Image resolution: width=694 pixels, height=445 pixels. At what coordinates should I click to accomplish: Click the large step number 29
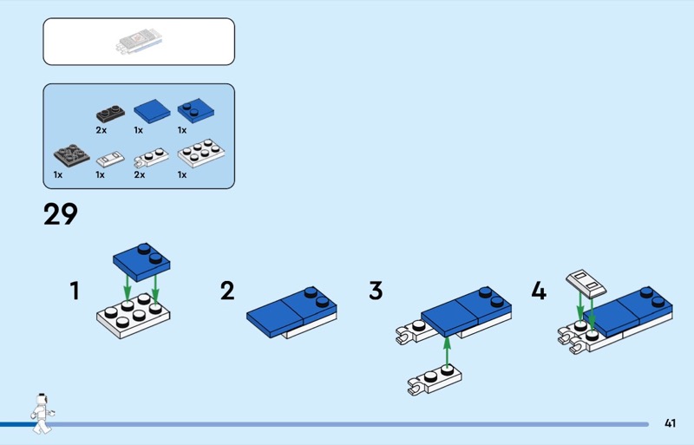click(61, 214)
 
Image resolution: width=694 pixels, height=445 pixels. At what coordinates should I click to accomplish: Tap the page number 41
click(670, 423)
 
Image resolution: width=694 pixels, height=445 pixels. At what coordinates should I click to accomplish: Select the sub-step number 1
click(75, 291)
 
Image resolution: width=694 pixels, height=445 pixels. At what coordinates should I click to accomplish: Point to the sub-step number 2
click(227, 291)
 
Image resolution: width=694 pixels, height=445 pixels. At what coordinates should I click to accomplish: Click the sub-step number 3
click(376, 291)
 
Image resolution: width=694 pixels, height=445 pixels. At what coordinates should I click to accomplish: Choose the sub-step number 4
click(539, 291)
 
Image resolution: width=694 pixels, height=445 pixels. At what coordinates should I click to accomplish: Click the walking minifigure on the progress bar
click(43, 414)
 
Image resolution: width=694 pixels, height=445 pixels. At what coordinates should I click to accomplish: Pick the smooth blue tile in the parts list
click(152, 111)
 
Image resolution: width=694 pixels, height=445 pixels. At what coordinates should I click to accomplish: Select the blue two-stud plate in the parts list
click(196, 110)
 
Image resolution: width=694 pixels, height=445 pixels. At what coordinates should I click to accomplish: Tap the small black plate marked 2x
click(110, 114)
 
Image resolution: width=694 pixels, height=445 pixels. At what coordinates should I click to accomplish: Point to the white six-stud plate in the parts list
click(201, 154)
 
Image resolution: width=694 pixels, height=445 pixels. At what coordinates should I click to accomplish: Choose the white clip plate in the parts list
click(151, 158)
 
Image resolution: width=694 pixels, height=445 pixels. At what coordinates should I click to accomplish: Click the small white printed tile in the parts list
click(111, 159)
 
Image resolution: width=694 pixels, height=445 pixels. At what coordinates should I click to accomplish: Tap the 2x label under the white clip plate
click(140, 175)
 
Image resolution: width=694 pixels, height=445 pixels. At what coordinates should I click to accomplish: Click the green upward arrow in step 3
click(447, 353)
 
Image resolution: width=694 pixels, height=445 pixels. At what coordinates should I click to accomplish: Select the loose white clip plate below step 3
click(435, 381)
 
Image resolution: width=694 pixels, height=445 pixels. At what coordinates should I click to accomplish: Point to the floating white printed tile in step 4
click(586, 283)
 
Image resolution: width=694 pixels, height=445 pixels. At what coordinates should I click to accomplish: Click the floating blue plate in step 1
click(141, 262)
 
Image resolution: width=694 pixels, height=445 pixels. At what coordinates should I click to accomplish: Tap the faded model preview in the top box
click(140, 42)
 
